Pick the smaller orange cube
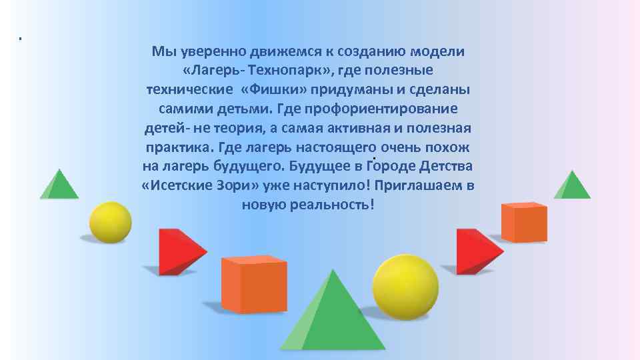pos(524,222)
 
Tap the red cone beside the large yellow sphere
pos(476,251)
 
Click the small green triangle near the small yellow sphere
pos(59,185)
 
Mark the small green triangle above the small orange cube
pos(571,185)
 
